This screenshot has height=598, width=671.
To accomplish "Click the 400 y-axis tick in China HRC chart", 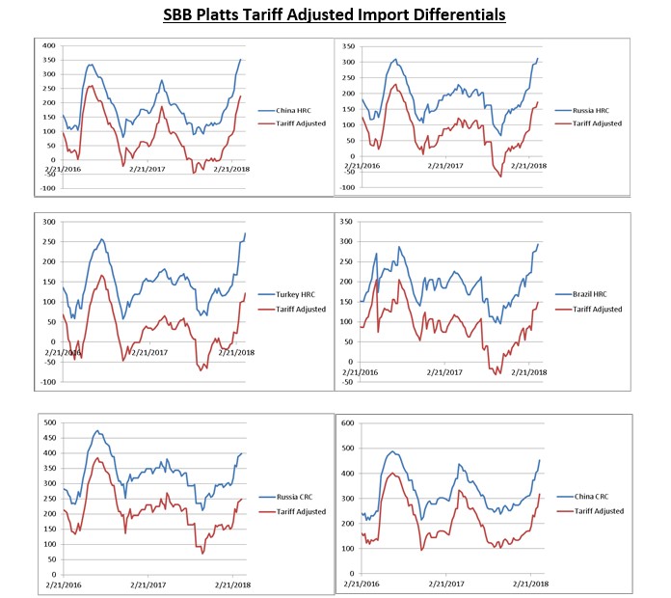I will [47, 46].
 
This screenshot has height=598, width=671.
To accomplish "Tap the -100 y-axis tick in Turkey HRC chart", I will [44, 382].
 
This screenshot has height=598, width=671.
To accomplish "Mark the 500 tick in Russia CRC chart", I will [48, 421].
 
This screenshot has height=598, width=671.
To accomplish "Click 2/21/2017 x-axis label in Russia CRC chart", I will [148, 584].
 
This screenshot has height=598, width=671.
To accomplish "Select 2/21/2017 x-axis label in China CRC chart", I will [442, 584].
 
